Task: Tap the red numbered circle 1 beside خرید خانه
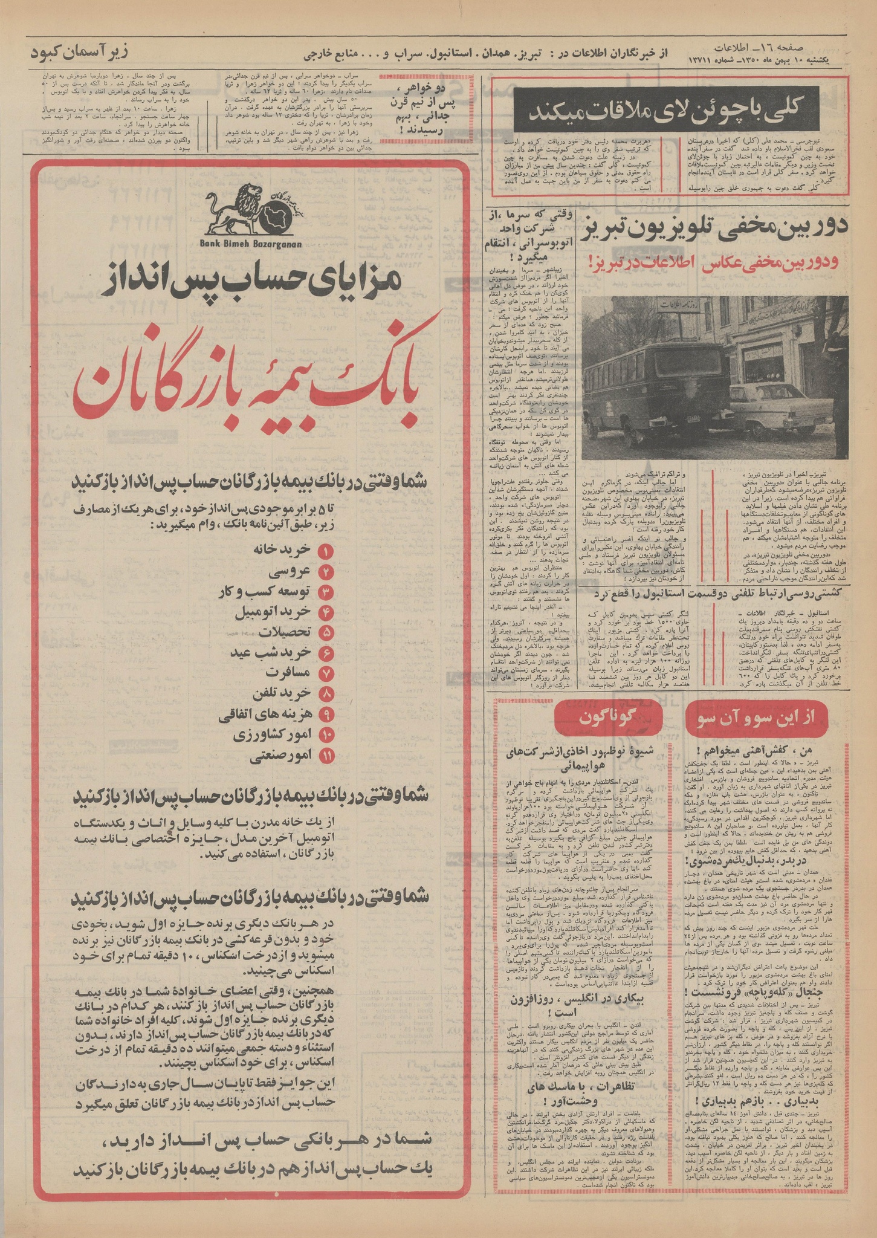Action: [326, 551]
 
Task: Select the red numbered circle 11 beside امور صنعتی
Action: [326, 756]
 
